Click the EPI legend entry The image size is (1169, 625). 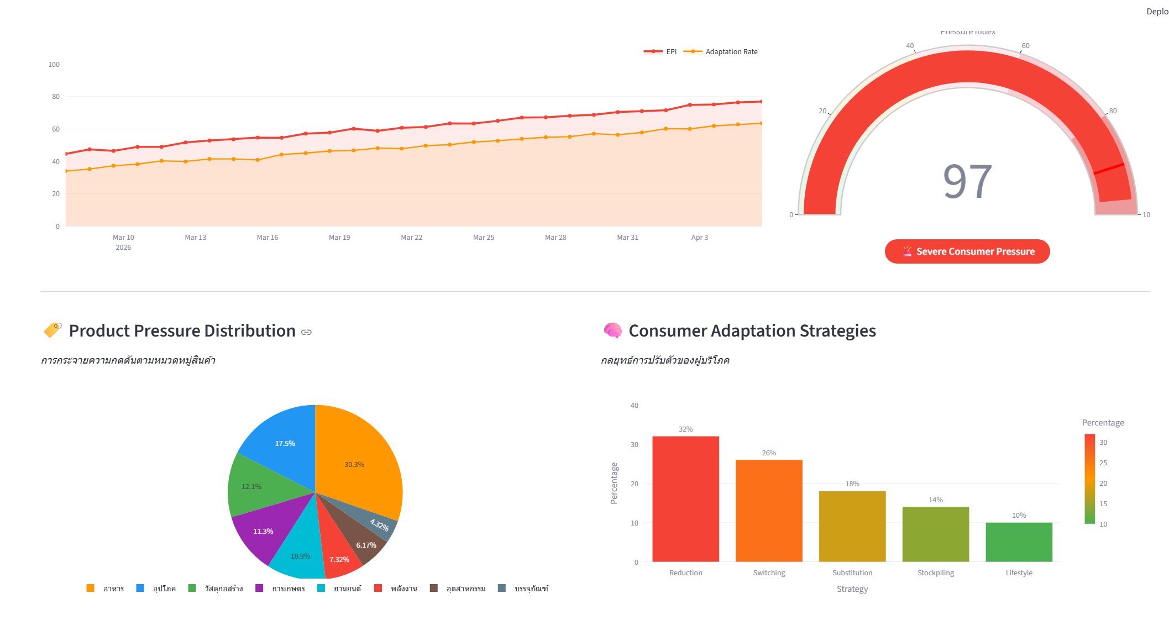[660, 52]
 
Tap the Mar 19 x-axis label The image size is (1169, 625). [339, 238]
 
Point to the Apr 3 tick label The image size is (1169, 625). [699, 238]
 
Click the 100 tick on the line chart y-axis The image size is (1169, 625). [54, 65]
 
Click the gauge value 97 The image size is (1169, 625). [967, 182]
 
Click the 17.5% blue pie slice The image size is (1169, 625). [282, 442]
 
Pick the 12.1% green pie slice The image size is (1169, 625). [254, 486]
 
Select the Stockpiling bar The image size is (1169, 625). [935, 534]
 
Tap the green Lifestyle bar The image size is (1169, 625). [1019, 542]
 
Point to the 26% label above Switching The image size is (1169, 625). [769, 453]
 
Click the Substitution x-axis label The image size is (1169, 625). [852, 573]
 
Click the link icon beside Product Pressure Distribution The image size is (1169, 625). [306, 332]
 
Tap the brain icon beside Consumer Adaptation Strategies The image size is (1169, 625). [612, 330]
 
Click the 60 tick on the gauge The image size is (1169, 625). [1025, 46]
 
